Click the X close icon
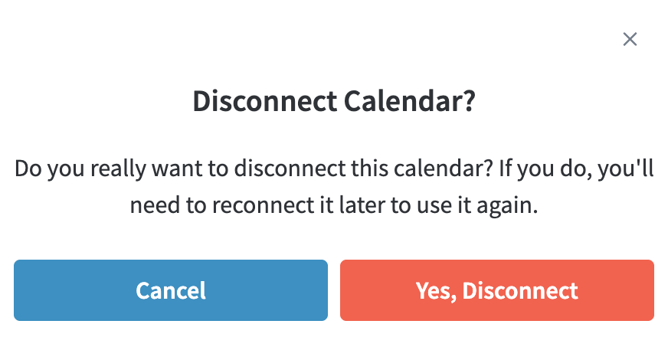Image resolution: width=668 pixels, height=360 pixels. pos(630,39)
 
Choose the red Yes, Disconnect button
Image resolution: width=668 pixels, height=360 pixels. pos(496,290)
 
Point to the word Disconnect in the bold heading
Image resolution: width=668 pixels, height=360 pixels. pos(265,101)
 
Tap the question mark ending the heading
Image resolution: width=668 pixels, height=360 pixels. pos(468,101)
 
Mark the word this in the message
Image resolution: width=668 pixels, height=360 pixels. pos(370,168)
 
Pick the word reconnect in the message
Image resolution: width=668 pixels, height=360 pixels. pos(263,205)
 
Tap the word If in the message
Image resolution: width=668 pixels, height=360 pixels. pos(505,168)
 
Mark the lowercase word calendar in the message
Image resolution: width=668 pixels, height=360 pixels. pos(439,168)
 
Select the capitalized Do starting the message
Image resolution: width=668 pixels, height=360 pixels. pos(28,169)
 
